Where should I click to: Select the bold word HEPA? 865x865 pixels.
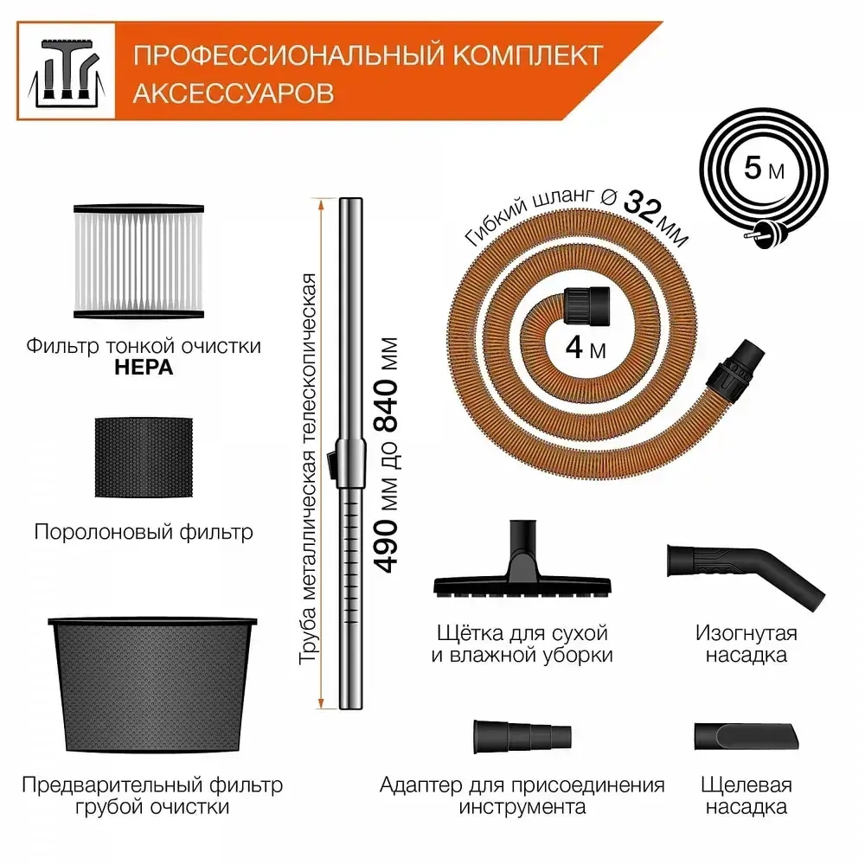(144, 368)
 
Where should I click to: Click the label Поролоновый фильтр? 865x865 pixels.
(144, 531)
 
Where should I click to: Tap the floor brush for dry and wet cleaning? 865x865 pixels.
(519, 571)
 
